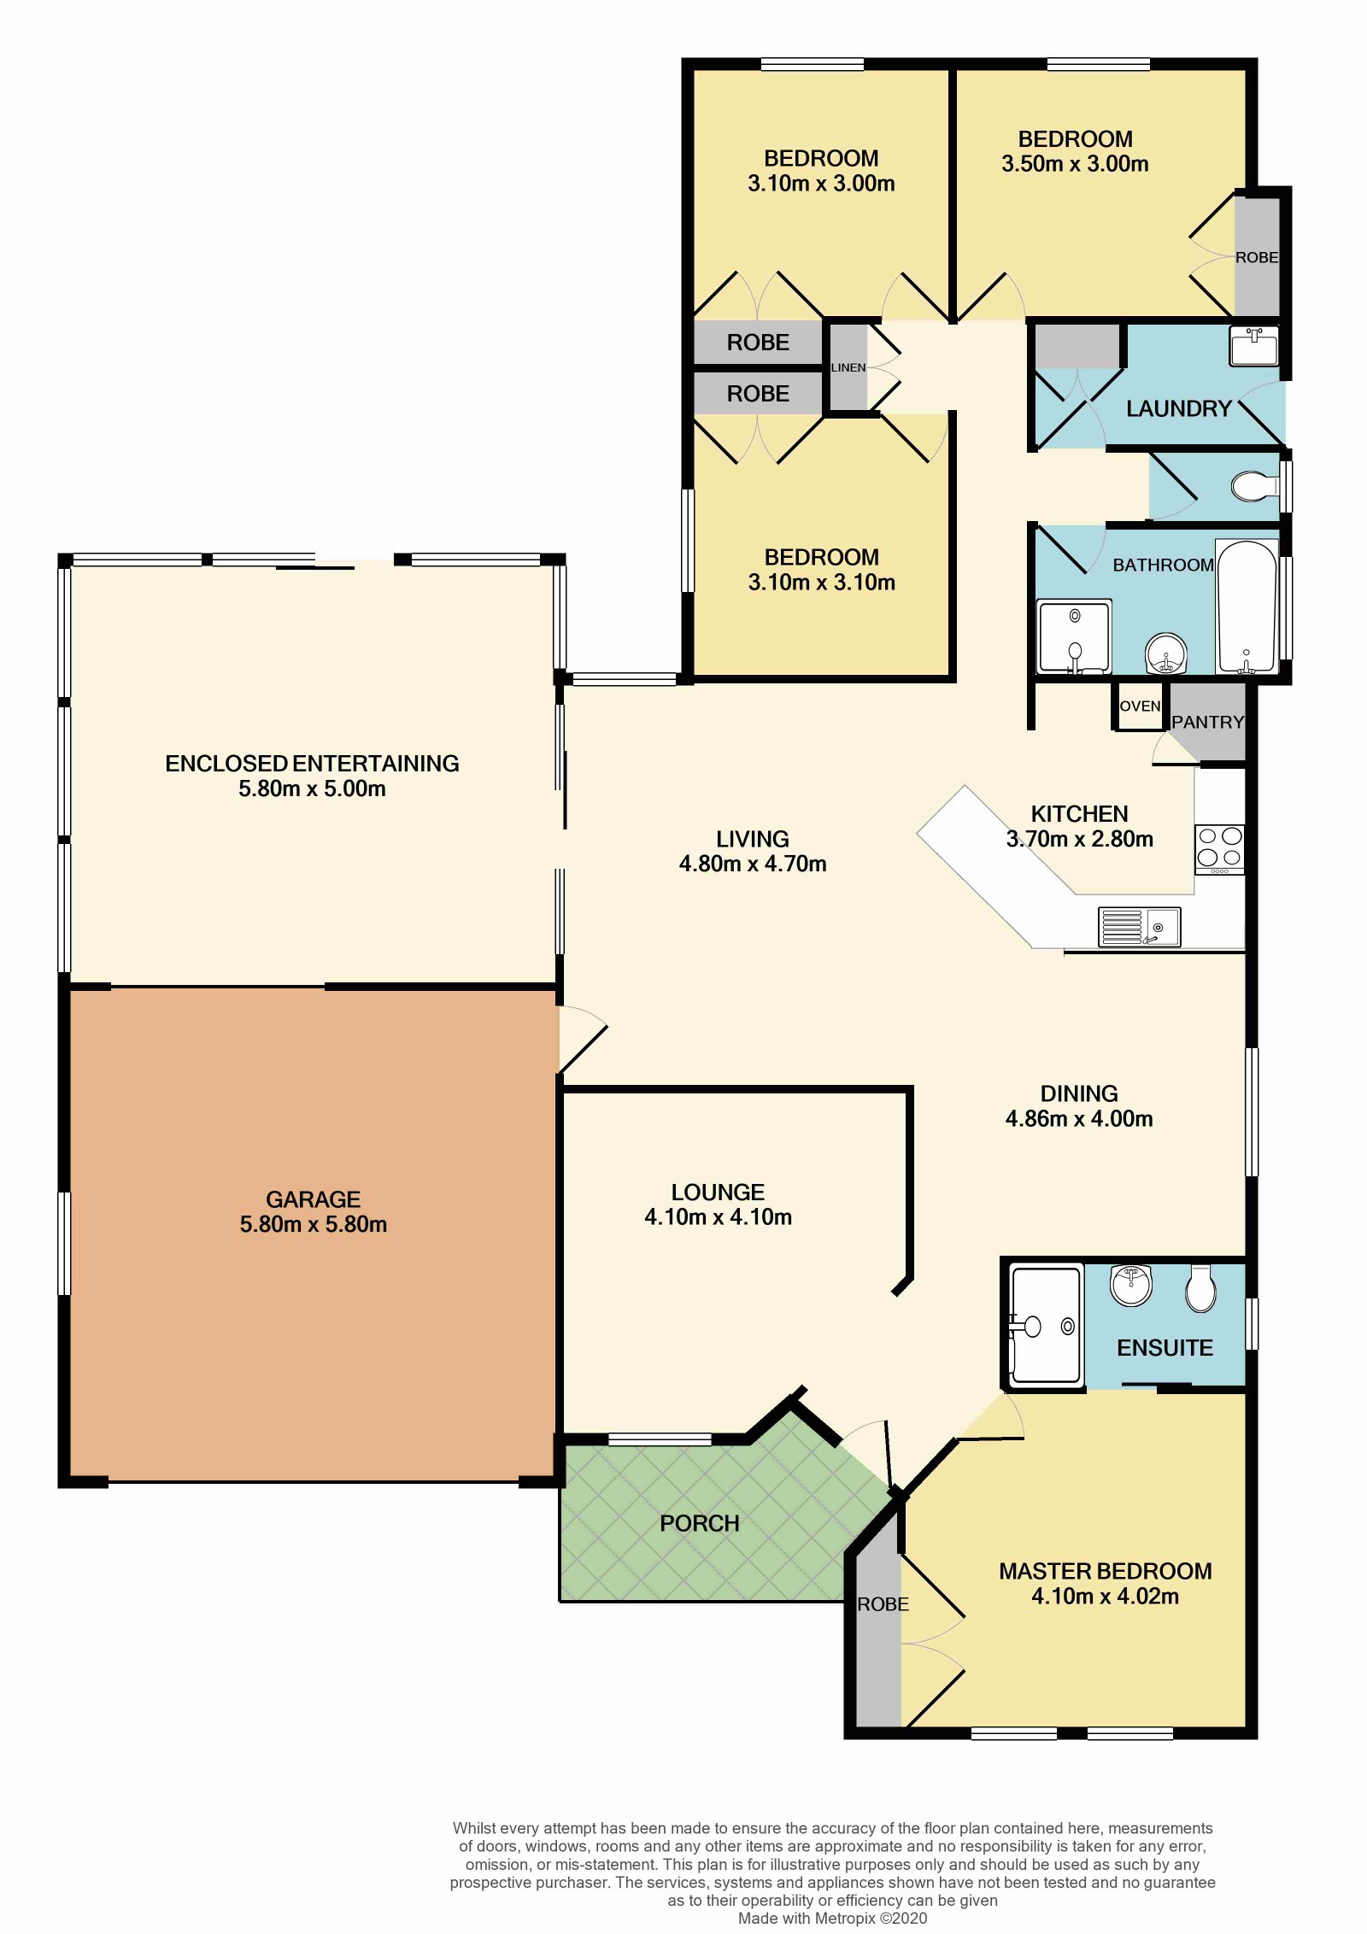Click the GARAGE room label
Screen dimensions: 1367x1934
point(313,1199)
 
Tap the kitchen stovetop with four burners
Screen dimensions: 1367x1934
point(1219,849)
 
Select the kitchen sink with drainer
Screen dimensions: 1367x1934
point(1139,927)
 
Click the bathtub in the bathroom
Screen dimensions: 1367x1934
point(1247,607)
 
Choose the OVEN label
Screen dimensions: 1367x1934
point(1140,706)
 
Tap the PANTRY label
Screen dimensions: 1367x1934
point(1207,723)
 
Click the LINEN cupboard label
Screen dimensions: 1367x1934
point(848,367)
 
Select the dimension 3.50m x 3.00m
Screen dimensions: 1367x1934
point(1075,164)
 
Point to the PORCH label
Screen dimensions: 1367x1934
point(699,1523)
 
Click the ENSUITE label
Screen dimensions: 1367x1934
point(1165,1348)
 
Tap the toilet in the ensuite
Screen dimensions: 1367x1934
point(1200,1287)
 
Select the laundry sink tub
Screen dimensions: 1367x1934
point(1253,346)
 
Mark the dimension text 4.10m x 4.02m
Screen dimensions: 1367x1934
point(1105,1597)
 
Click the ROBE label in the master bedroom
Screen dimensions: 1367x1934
point(883,1604)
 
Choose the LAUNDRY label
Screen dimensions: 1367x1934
point(1178,409)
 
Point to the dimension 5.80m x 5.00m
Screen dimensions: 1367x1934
point(312,788)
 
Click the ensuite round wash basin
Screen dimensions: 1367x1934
point(1131,1286)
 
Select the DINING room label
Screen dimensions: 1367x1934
point(1078,1093)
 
